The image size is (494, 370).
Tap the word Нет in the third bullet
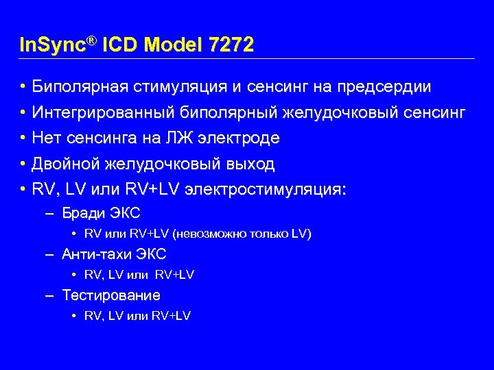[47, 138]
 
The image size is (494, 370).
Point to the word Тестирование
[111, 295]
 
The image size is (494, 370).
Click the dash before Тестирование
[49, 296]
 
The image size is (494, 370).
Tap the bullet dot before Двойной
[23, 164]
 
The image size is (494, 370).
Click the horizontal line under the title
[247, 58]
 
